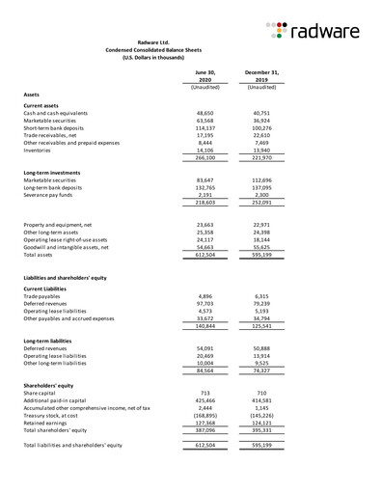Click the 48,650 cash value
pos(205,113)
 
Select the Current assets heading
pos(41,104)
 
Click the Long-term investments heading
pos(51,171)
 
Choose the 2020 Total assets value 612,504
pos(204,255)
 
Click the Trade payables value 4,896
pos(206,296)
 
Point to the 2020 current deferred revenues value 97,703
pos(205,304)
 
